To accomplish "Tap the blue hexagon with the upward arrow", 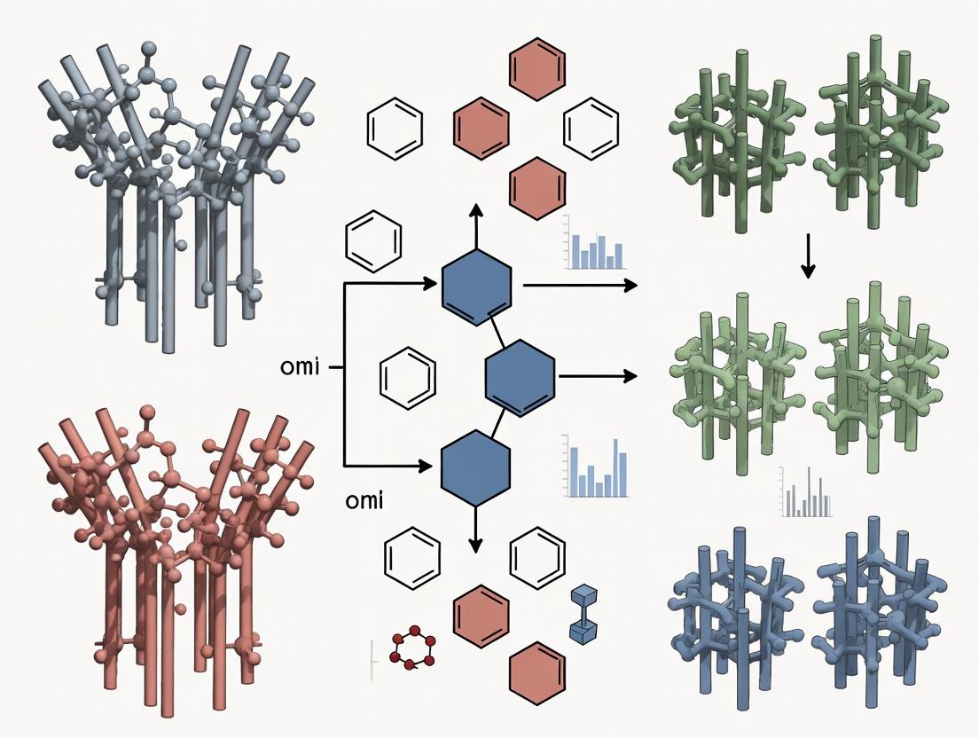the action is [x=476, y=284].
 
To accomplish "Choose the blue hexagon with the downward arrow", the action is [x=476, y=467].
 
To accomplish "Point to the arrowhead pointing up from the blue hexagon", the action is [x=476, y=210].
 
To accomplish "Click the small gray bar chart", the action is [x=806, y=493].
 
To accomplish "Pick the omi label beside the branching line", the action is [x=299, y=366].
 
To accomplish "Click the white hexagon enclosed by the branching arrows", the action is [x=407, y=374].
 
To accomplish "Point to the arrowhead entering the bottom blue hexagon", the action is [x=431, y=464].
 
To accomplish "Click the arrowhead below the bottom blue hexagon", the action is [x=476, y=545].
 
